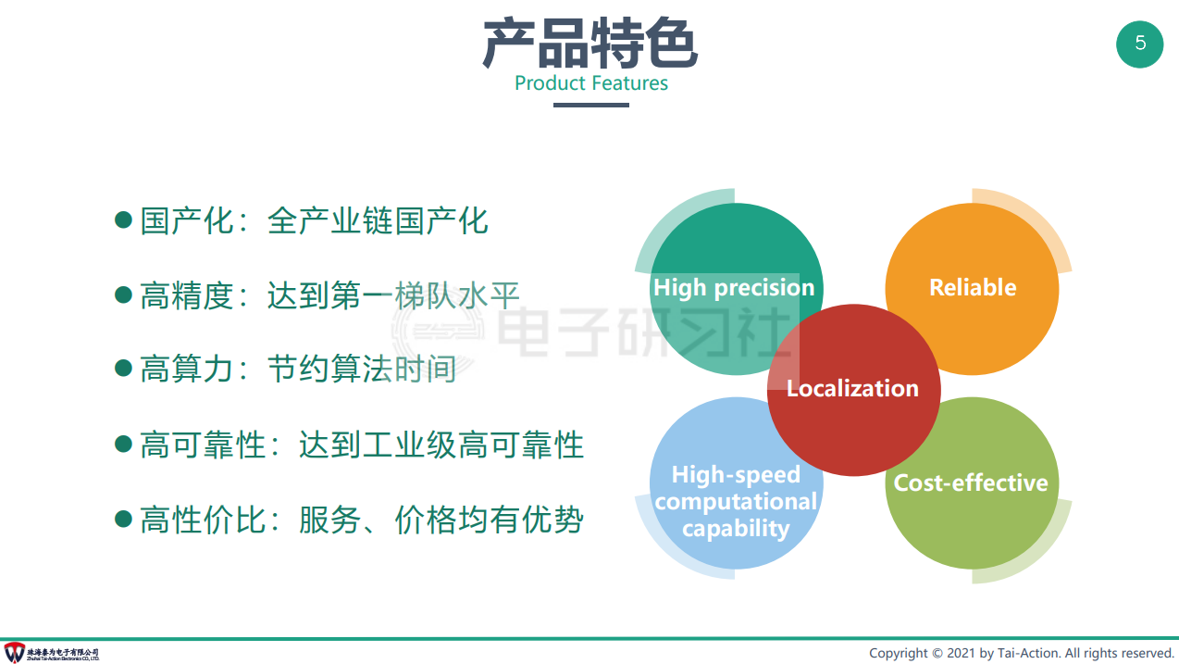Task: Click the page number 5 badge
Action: tap(1139, 44)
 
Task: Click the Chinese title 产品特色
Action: tap(590, 44)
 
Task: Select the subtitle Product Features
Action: tap(591, 83)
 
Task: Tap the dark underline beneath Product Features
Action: tap(591, 105)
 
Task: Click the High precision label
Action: tap(734, 288)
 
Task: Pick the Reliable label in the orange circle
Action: tap(973, 287)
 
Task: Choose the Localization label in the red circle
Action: tap(852, 389)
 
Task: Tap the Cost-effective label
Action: tap(971, 482)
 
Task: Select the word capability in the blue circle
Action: tap(736, 529)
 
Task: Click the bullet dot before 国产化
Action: tap(123, 219)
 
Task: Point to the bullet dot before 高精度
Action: tap(123, 294)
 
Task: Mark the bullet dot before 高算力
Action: tap(123, 368)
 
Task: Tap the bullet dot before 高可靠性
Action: tap(123, 444)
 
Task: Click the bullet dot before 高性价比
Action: tap(123, 519)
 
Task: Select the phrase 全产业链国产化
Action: tap(378, 220)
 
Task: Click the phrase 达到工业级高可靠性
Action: tap(441, 445)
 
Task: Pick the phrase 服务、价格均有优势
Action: tap(441, 520)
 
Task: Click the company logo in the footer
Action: tap(15, 652)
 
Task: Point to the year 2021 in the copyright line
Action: tap(962, 654)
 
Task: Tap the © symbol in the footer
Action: tap(937, 654)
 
